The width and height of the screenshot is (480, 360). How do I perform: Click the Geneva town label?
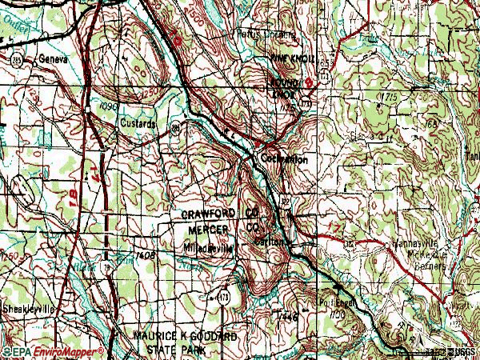pos(54,59)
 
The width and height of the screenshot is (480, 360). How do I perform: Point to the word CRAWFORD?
pos(210,214)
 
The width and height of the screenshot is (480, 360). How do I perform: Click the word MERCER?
pos(206,230)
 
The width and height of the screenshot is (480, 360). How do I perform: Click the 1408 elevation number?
pos(145,254)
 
